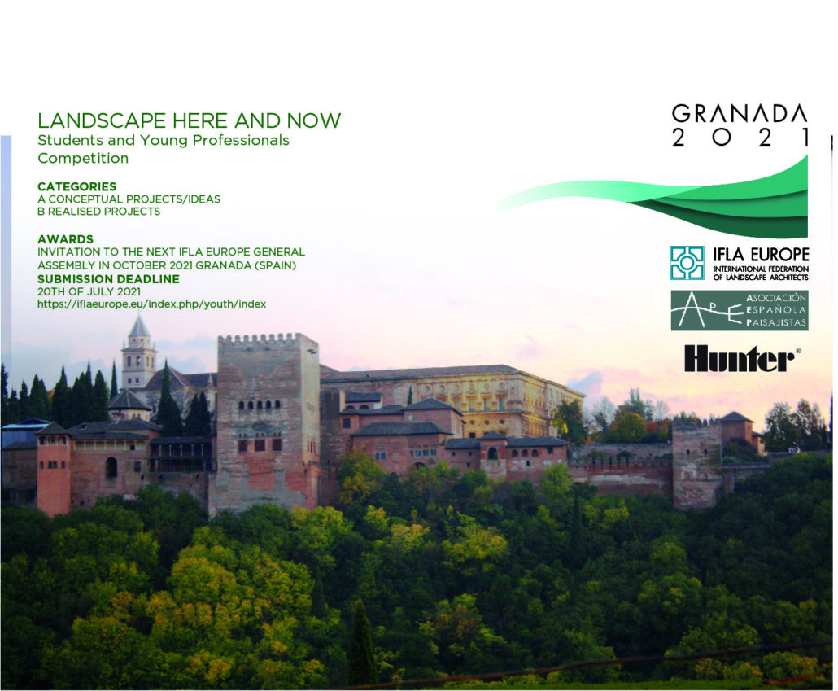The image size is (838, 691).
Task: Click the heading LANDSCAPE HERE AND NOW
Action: point(190,120)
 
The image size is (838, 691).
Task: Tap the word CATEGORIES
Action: point(77,186)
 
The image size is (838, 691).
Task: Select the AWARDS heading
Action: point(65,239)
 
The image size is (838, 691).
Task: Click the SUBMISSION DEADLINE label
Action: point(108,279)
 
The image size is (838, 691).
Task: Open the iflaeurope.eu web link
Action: point(152,304)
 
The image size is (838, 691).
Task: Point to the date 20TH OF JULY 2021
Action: point(89,291)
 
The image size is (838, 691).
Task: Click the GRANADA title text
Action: point(740,114)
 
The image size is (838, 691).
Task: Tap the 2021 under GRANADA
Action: point(740,138)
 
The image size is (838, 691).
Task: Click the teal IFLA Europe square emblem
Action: point(687,263)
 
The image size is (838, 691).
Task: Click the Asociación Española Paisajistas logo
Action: point(740,310)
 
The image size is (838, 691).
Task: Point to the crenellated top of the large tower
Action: point(268,341)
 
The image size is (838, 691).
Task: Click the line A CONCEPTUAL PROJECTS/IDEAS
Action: point(129,199)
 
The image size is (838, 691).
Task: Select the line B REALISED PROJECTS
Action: point(99,212)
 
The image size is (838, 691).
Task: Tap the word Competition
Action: point(83,159)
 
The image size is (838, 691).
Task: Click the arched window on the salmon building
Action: point(111,467)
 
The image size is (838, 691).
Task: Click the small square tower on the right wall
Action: point(697,462)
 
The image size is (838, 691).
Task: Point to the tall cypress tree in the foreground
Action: point(362,644)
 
